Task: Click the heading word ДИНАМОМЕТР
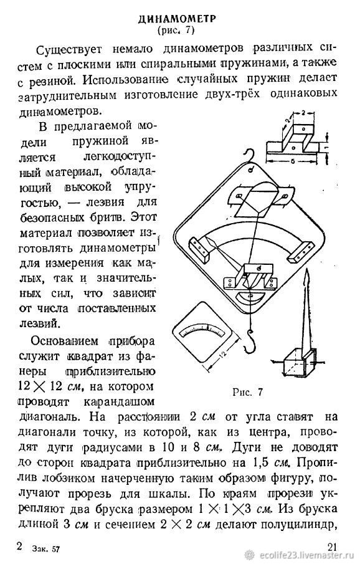(x=178, y=19)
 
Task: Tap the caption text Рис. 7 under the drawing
(x=248, y=392)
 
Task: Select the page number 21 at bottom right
(x=333, y=547)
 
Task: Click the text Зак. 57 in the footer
(x=45, y=549)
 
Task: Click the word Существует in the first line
(x=69, y=49)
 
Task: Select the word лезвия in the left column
(x=106, y=203)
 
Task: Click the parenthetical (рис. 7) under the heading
(x=176, y=31)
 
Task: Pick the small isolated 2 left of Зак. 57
(x=19, y=546)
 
